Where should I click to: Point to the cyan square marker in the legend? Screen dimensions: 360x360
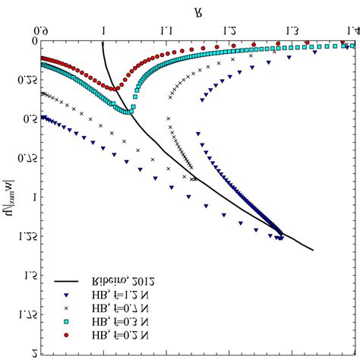(67, 321)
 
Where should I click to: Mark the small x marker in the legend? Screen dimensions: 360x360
(67, 307)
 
